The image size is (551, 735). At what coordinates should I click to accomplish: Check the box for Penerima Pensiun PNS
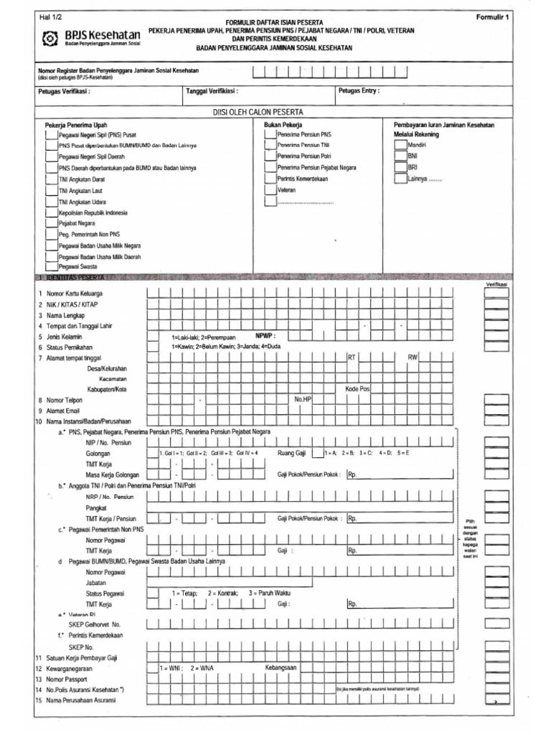click(270, 134)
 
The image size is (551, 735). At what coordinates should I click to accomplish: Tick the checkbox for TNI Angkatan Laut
click(51, 190)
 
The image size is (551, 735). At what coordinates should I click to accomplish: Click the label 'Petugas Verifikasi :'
click(65, 92)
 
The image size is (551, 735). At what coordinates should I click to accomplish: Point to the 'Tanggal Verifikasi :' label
click(212, 92)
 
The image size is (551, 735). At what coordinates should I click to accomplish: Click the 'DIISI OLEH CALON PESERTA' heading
click(258, 113)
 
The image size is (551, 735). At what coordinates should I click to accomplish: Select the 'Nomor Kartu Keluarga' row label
click(75, 294)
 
